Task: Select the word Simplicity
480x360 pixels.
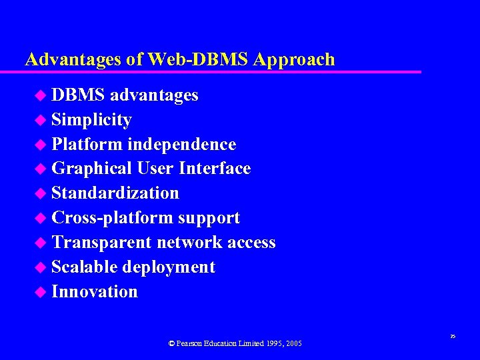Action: click(91, 120)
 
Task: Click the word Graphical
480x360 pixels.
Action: click(91, 169)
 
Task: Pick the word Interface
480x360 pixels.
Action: click(215, 169)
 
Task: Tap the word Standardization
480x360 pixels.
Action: click(115, 193)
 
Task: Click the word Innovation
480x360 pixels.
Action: click(95, 291)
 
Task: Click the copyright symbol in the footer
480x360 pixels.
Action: click(171, 343)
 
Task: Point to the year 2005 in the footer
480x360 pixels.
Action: click(293, 343)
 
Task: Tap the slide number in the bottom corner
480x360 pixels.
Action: click(453, 337)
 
